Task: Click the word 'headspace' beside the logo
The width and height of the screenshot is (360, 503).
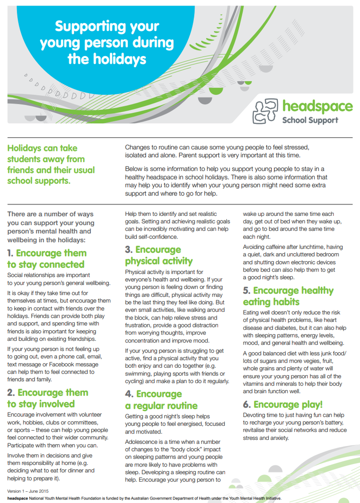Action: click(317, 106)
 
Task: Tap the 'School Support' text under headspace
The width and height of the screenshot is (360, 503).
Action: click(310, 120)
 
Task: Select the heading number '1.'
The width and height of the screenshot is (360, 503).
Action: click(10, 253)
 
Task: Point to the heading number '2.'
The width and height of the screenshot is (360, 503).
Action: click(11, 393)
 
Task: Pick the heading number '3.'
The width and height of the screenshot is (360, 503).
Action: click(129, 250)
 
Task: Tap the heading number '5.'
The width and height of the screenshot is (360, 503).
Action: click(247, 290)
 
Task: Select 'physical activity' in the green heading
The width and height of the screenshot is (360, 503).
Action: click(159, 261)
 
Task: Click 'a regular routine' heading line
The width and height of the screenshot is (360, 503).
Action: click(161, 406)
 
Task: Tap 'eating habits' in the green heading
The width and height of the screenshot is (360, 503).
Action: click(271, 302)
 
